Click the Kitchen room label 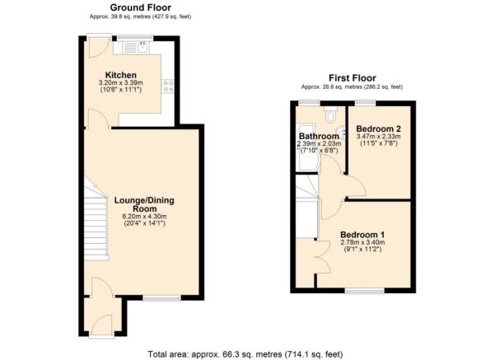click(120, 75)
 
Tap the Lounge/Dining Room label click(144, 204)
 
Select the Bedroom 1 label click(362, 235)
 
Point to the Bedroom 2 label click(379, 129)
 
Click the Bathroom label click(319, 137)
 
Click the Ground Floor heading click(141, 7)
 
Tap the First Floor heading click(353, 77)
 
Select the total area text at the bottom click(245, 354)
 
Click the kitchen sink click(142, 48)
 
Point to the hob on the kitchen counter click(168, 86)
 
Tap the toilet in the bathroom click(331, 115)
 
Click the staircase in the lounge click(96, 219)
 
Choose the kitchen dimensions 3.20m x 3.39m click(120, 83)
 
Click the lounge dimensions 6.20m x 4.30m click(144, 217)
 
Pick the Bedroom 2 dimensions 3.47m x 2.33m click(379, 137)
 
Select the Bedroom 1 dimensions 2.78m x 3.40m click(362, 242)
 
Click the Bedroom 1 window click(365, 291)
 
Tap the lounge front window click(162, 297)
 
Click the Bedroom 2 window click(366, 103)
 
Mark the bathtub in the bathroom click(307, 147)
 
